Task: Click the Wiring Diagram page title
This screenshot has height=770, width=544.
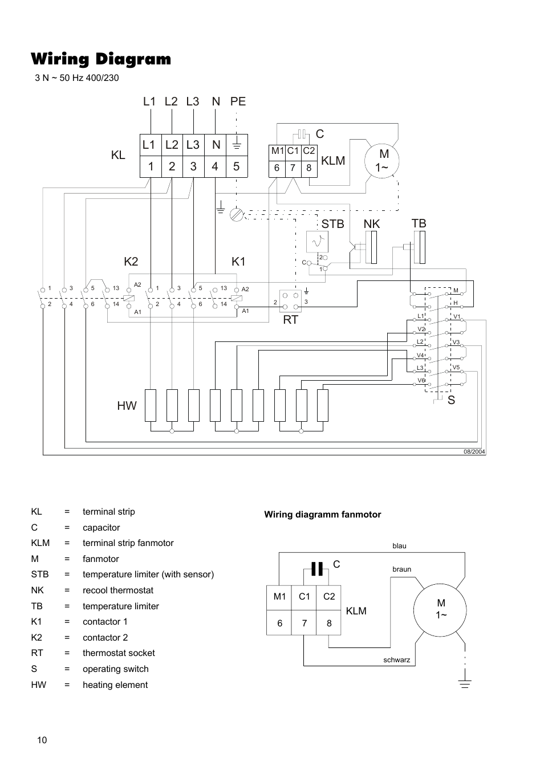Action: point(101,59)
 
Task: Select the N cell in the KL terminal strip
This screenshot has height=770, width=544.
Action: point(216,145)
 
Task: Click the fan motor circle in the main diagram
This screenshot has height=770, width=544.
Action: point(383,161)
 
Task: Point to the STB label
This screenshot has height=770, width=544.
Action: point(332,224)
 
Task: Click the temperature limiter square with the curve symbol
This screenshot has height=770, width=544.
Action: point(317,242)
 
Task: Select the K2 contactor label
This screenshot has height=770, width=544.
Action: point(131,262)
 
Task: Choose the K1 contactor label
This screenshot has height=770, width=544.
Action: point(238,262)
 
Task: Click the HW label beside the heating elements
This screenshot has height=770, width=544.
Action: point(127,405)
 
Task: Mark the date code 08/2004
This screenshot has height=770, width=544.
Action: point(474,451)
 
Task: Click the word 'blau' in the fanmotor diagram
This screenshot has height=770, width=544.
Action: point(399,546)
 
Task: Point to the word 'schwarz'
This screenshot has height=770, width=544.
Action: point(397,661)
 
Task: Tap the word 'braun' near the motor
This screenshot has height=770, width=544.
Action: point(401,569)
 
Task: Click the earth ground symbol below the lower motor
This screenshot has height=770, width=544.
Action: point(465,683)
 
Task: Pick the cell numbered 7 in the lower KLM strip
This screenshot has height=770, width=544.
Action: point(305,623)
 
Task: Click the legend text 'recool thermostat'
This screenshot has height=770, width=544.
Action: point(117,590)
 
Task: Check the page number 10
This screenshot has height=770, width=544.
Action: point(42,740)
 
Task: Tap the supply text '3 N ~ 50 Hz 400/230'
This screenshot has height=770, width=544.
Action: point(77,78)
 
